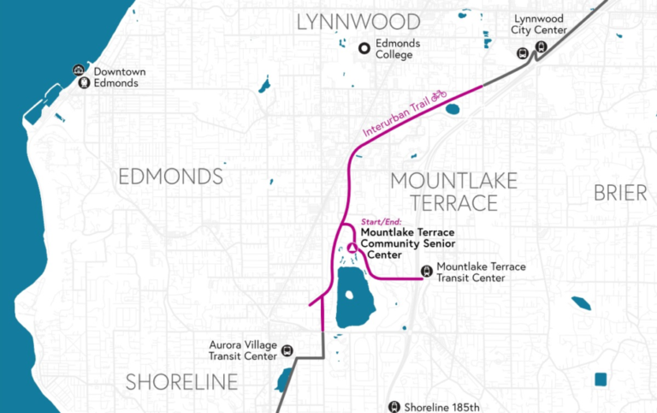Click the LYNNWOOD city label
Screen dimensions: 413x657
pos(358,21)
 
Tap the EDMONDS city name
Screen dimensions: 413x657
pos(170,177)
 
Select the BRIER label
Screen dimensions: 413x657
pos(620,193)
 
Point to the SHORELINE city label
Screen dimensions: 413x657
pos(181,382)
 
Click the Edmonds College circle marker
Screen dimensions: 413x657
pos(364,49)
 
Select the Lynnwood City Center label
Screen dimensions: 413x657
pos(539,25)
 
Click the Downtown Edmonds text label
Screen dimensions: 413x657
pos(119,77)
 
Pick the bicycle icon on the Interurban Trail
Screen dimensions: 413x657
pos(439,95)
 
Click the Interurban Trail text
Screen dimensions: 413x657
pos(395,118)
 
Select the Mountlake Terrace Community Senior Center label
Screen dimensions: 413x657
pos(406,242)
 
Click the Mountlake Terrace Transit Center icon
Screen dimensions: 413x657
pos(426,272)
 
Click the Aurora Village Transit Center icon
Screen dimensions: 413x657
pos(287,350)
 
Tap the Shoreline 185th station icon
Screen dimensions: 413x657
pos(394,407)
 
